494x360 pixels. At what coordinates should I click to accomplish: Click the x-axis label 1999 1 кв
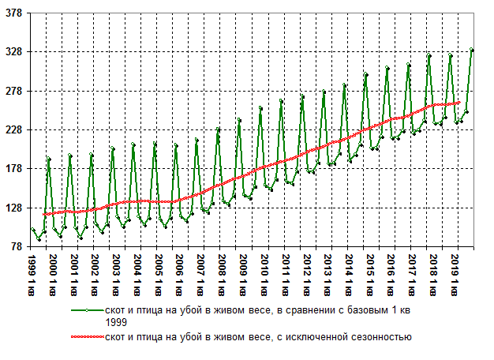coord(32,272)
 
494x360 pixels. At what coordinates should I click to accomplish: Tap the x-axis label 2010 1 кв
coord(265,272)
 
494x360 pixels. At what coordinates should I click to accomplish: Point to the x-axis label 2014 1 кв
coord(350,272)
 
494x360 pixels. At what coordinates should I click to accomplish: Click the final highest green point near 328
coord(471,50)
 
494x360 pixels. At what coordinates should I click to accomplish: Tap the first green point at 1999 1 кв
coord(32,229)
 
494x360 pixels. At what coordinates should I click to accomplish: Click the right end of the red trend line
coord(459,102)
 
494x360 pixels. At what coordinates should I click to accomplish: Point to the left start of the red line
coord(44,215)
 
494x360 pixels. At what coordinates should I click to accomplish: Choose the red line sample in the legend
coord(87,337)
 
